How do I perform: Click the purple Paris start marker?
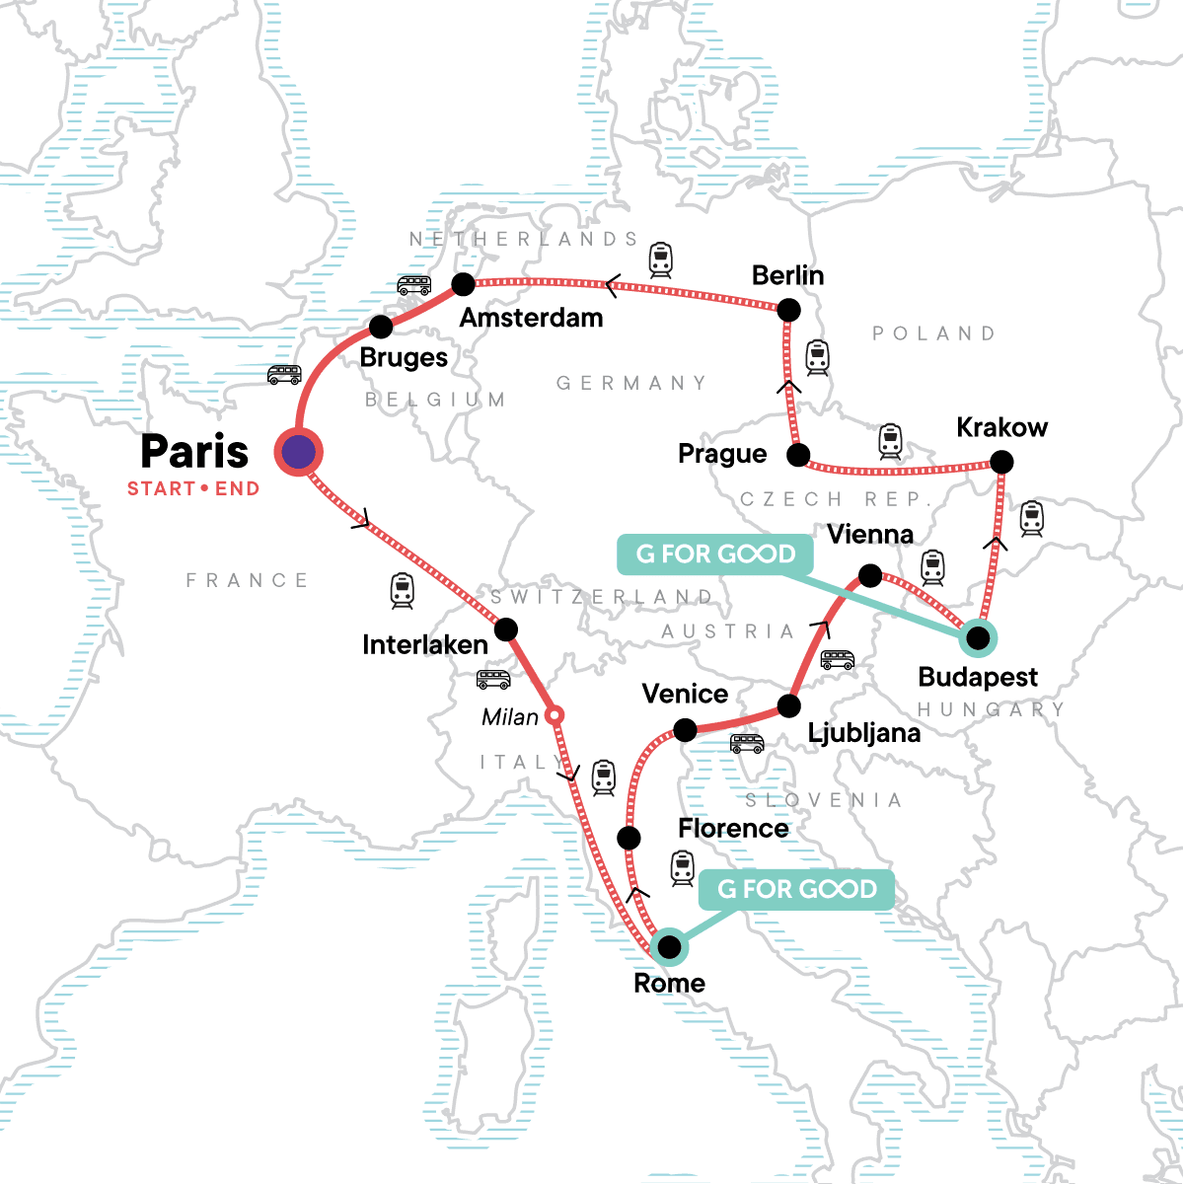click(298, 453)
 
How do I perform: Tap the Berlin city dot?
click(788, 310)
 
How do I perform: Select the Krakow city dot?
click(1000, 462)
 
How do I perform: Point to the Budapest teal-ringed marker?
click(977, 638)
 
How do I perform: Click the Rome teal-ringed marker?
click(669, 947)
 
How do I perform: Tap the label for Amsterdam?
click(531, 318)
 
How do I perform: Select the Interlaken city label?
click(425, 645)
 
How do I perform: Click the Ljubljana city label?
click(863, 733)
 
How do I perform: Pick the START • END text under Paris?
click(193, 488)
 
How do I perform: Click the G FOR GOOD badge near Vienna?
click(715, 555)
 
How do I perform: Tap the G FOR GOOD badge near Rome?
click(796, 890)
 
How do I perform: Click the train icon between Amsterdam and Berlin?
click(660, 259)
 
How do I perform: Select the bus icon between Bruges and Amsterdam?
click(413, 286)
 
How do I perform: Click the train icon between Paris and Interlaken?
click(402, 590)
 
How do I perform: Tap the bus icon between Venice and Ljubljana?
click(747, 743)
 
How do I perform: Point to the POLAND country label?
click(933, 333)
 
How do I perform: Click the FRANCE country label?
click(248, 580)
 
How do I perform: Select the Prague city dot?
click(798, 456)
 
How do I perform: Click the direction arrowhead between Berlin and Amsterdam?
click(612, 286)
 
